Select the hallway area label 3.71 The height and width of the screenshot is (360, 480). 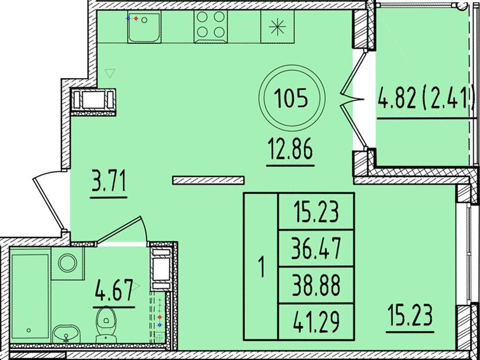[x=109, y=182]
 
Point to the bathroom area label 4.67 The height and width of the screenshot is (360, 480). [x=114, y=290]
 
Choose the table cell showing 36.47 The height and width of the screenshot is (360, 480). [x=316, y=248]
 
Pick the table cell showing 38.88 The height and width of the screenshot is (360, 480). [x=316, y=286]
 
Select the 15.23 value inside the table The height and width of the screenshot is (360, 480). [x=316, y=212]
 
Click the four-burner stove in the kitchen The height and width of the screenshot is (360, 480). [x=210, y=26]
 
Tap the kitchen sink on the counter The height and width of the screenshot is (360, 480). [x=144, y=27]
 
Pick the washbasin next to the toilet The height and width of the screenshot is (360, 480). [x=66, y=334]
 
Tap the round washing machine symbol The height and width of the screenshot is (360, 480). [x=68, y=263]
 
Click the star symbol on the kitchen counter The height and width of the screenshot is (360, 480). [x=277, y=26]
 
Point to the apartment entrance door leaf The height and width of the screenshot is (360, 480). [x=48, y=204]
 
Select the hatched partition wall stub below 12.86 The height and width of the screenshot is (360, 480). [x=208, y=180]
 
